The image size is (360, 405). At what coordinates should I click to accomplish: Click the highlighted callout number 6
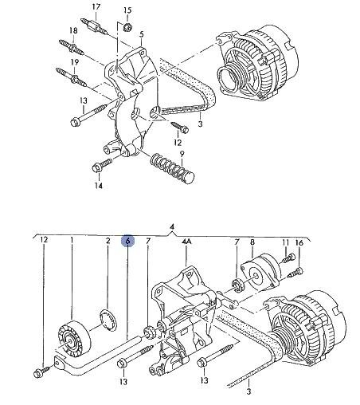(x=128, y=241)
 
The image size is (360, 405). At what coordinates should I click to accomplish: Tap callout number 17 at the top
(x=96, y=6)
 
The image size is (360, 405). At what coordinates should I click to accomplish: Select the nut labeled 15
(x=128, y=27)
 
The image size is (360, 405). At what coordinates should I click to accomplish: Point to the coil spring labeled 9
(x=172, y=168)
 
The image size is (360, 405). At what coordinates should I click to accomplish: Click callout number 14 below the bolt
(x=98, y=186)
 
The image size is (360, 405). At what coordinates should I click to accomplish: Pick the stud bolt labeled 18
(x=72, y=47)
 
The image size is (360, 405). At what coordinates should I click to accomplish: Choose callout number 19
(x=75, y=62)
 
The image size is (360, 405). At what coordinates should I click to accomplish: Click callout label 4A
(x=186, y=241)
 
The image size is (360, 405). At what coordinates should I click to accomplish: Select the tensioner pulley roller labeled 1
(x=75, y=337)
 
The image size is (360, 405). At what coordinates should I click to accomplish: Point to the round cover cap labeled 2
(x=108, y=320)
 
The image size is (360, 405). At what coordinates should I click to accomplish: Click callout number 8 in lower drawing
(x=252, y=242)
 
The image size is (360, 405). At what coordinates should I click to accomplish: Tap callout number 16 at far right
(x=299, y=242)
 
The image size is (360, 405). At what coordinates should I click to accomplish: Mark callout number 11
(x=285, y=242)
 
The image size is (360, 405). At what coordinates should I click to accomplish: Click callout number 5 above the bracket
(x=141, y=34)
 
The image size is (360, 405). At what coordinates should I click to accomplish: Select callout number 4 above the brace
(x=172, y=226)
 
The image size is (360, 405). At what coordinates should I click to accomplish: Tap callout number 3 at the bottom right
(x=248, y=391)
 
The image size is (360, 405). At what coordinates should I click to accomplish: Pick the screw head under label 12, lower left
(x=38, y=373)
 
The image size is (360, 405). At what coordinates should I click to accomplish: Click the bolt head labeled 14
(x=96, y=167)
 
